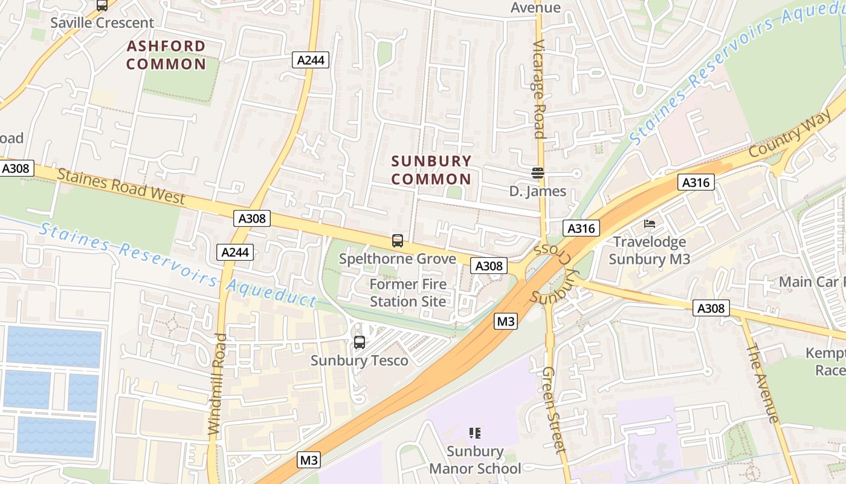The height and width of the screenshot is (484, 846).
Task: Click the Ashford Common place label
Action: [x=166, y=55]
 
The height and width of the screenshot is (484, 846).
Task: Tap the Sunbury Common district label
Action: [x=431, y=170]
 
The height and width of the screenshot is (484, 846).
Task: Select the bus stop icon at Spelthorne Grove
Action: [x=398, y=240]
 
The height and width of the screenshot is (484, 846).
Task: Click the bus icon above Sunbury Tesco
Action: [x=360, y=342]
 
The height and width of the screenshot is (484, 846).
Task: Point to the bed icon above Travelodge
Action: [x=650, y=224]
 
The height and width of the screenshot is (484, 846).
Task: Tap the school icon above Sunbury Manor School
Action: [x=475, y=433]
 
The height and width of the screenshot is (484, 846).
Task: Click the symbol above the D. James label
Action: [x=538, y=173]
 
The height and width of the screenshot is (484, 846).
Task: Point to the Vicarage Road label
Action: [x=539, y=90]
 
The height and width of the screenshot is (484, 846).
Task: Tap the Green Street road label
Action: [x=554, y=410]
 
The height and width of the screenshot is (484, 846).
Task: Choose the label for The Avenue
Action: [x=763, y=383]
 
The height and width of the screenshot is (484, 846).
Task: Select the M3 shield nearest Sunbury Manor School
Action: [x=309, y=460]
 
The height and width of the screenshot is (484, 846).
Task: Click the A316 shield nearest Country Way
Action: [x=696, y=182]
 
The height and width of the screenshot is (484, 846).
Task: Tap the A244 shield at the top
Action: [x=311, y=59]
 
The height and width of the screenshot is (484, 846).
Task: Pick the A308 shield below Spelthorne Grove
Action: [x=488, y=266]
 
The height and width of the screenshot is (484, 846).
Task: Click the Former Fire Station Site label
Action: [x=408, y=293]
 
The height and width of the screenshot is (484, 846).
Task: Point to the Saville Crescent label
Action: [x=102, y=23]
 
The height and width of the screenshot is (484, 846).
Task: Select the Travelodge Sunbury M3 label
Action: [x=650, y=250]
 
